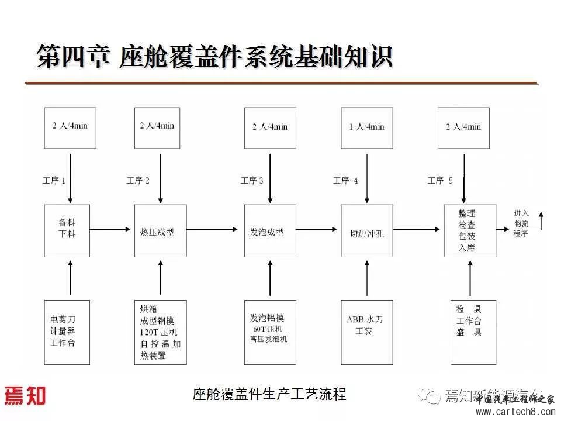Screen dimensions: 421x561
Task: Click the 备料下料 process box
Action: (67, 230)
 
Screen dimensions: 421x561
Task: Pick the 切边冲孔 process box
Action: (366, 230)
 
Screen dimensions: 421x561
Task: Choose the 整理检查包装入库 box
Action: (470, 230)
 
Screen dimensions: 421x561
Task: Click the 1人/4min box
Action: (366, 127)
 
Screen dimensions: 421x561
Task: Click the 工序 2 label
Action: (138, 181)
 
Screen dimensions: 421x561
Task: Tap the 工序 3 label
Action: (252, 181)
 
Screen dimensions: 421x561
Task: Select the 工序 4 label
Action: (345, 181)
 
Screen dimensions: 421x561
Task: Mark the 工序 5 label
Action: (440, 181)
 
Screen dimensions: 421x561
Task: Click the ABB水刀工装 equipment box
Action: (366, 332)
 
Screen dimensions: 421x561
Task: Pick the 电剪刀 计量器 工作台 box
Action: (67, 332)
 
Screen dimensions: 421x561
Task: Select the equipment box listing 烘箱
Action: (160, 332)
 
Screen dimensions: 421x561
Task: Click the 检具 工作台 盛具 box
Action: (470, 332)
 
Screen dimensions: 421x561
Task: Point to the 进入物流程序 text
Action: (521, 223)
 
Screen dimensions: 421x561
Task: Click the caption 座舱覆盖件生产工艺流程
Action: (269, 395)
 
